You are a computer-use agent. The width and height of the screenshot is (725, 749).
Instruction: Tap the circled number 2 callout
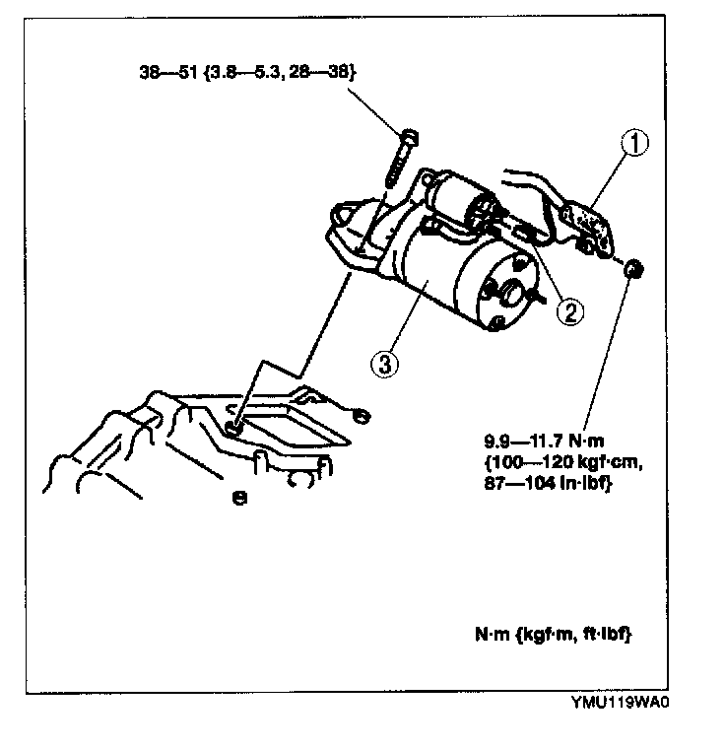(x=568, y=311)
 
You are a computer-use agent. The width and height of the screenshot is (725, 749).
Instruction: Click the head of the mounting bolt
(x=408, y=137)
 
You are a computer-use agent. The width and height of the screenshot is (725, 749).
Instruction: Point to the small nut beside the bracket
(x=636, y=266)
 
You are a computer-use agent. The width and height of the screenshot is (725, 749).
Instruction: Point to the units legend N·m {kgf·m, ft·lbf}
(x=553, y=636)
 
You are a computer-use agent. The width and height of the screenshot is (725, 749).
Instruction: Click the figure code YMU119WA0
(x=625, y=704)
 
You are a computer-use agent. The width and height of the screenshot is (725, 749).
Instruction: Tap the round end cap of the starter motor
(x=510, y=288)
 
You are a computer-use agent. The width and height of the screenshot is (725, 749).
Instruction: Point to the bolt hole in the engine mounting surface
(x=233, y=426)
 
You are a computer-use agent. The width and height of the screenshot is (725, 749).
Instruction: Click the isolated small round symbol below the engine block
(x=238, y=498)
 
